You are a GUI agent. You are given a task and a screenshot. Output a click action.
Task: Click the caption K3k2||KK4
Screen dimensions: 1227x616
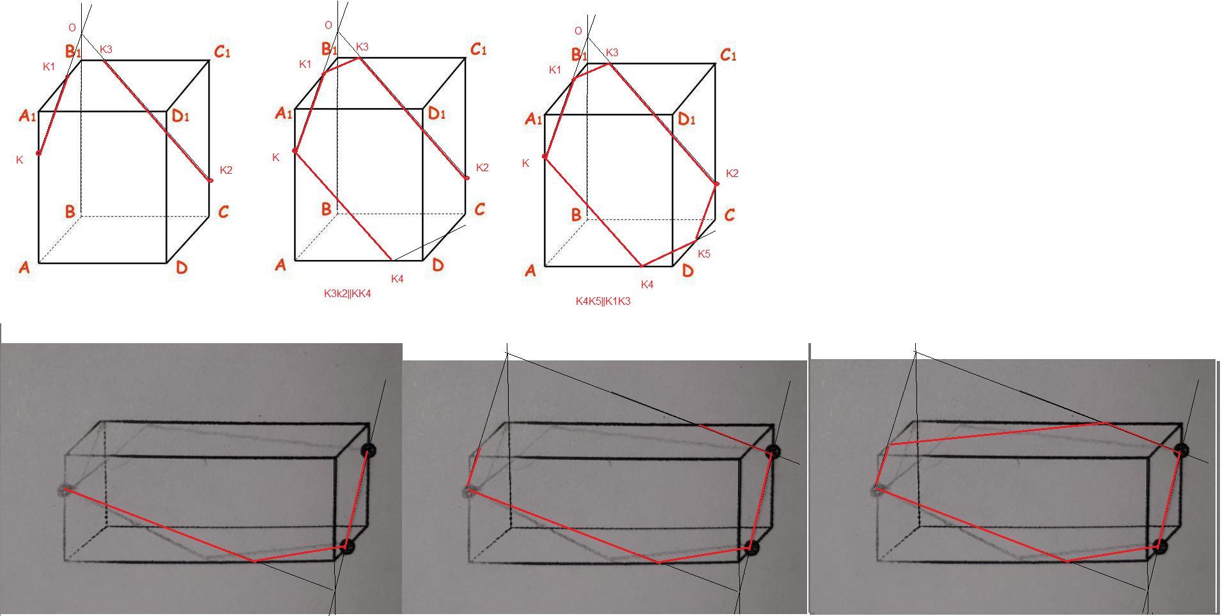point(347,294)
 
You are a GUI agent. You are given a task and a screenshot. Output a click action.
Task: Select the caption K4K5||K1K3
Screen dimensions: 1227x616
point(603,301)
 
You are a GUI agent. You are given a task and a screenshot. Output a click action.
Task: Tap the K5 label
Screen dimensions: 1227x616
point(704,254)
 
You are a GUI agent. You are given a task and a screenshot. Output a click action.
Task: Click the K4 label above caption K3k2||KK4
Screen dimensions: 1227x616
point(397,279)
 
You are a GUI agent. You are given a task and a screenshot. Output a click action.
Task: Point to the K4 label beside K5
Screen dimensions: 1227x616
point(647,284)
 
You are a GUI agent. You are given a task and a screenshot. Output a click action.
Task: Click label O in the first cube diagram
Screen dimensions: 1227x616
point(72,28)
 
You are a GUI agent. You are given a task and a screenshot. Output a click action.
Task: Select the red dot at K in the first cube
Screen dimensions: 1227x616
point(39,153)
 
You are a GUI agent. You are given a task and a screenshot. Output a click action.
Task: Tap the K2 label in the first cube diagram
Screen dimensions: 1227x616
point(226,170)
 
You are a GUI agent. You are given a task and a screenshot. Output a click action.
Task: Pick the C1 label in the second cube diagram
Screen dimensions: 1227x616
point(478,50)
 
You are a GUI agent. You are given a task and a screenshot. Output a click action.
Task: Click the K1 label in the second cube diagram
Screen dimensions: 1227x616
point(305,64)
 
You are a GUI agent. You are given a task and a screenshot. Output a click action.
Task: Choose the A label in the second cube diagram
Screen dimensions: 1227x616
point(280,265)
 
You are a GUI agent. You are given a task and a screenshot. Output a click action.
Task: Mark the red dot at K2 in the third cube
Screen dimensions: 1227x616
point(716,184)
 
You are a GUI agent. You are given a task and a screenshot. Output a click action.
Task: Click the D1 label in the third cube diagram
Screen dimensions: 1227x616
point(686,119)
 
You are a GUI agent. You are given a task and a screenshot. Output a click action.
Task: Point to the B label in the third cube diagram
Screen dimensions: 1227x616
point(576,215)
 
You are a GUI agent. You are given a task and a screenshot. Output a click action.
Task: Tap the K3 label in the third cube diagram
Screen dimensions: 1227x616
point(612,52)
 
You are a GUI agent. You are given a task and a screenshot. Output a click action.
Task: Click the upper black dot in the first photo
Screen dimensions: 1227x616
point(369,450)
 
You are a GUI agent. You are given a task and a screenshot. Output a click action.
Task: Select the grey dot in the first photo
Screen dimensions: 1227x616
point(65,491)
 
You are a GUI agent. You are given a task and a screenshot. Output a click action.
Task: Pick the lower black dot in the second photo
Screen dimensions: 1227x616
point(753,547)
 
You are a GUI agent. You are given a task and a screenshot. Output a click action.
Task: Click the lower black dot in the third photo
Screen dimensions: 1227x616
point(1161,546)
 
